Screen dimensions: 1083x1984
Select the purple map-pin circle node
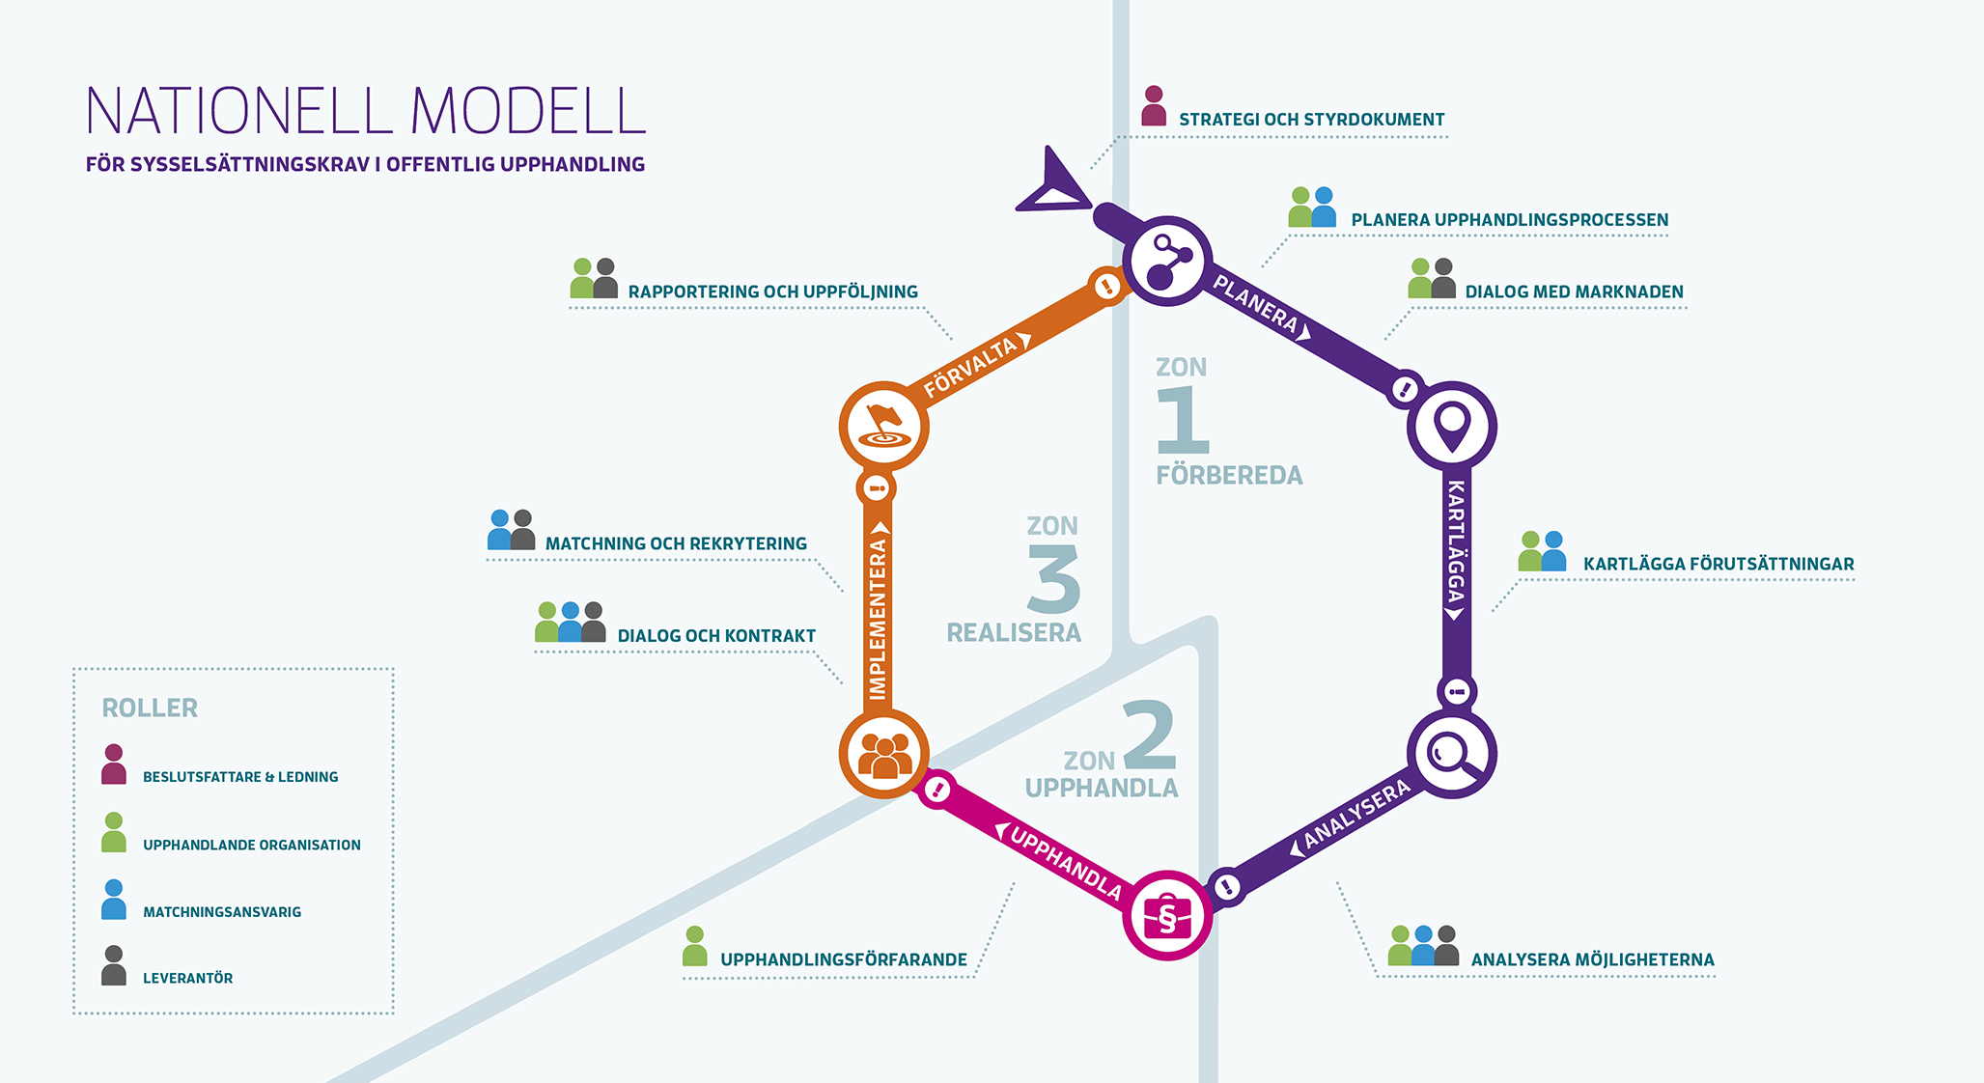1452,426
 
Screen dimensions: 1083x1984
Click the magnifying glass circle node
1451,754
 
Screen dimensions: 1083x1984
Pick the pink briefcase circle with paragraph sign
1167,915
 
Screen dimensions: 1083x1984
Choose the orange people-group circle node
883,754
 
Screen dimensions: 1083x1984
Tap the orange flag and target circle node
883,426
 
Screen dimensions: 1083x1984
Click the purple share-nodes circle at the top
1167,262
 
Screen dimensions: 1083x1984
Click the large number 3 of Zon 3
1053,579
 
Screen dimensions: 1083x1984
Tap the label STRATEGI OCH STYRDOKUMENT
1311,120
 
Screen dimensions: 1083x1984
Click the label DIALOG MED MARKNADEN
1574,292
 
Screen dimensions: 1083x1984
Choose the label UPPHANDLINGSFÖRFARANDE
843,959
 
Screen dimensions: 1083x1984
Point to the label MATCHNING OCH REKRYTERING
676,543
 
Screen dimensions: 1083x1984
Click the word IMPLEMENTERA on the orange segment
878,618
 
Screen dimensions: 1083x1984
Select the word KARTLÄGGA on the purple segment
1456,541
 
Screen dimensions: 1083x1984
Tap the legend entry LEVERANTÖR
187,978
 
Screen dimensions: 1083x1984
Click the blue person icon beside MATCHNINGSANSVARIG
114,900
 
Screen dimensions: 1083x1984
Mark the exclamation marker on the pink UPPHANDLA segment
936,791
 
